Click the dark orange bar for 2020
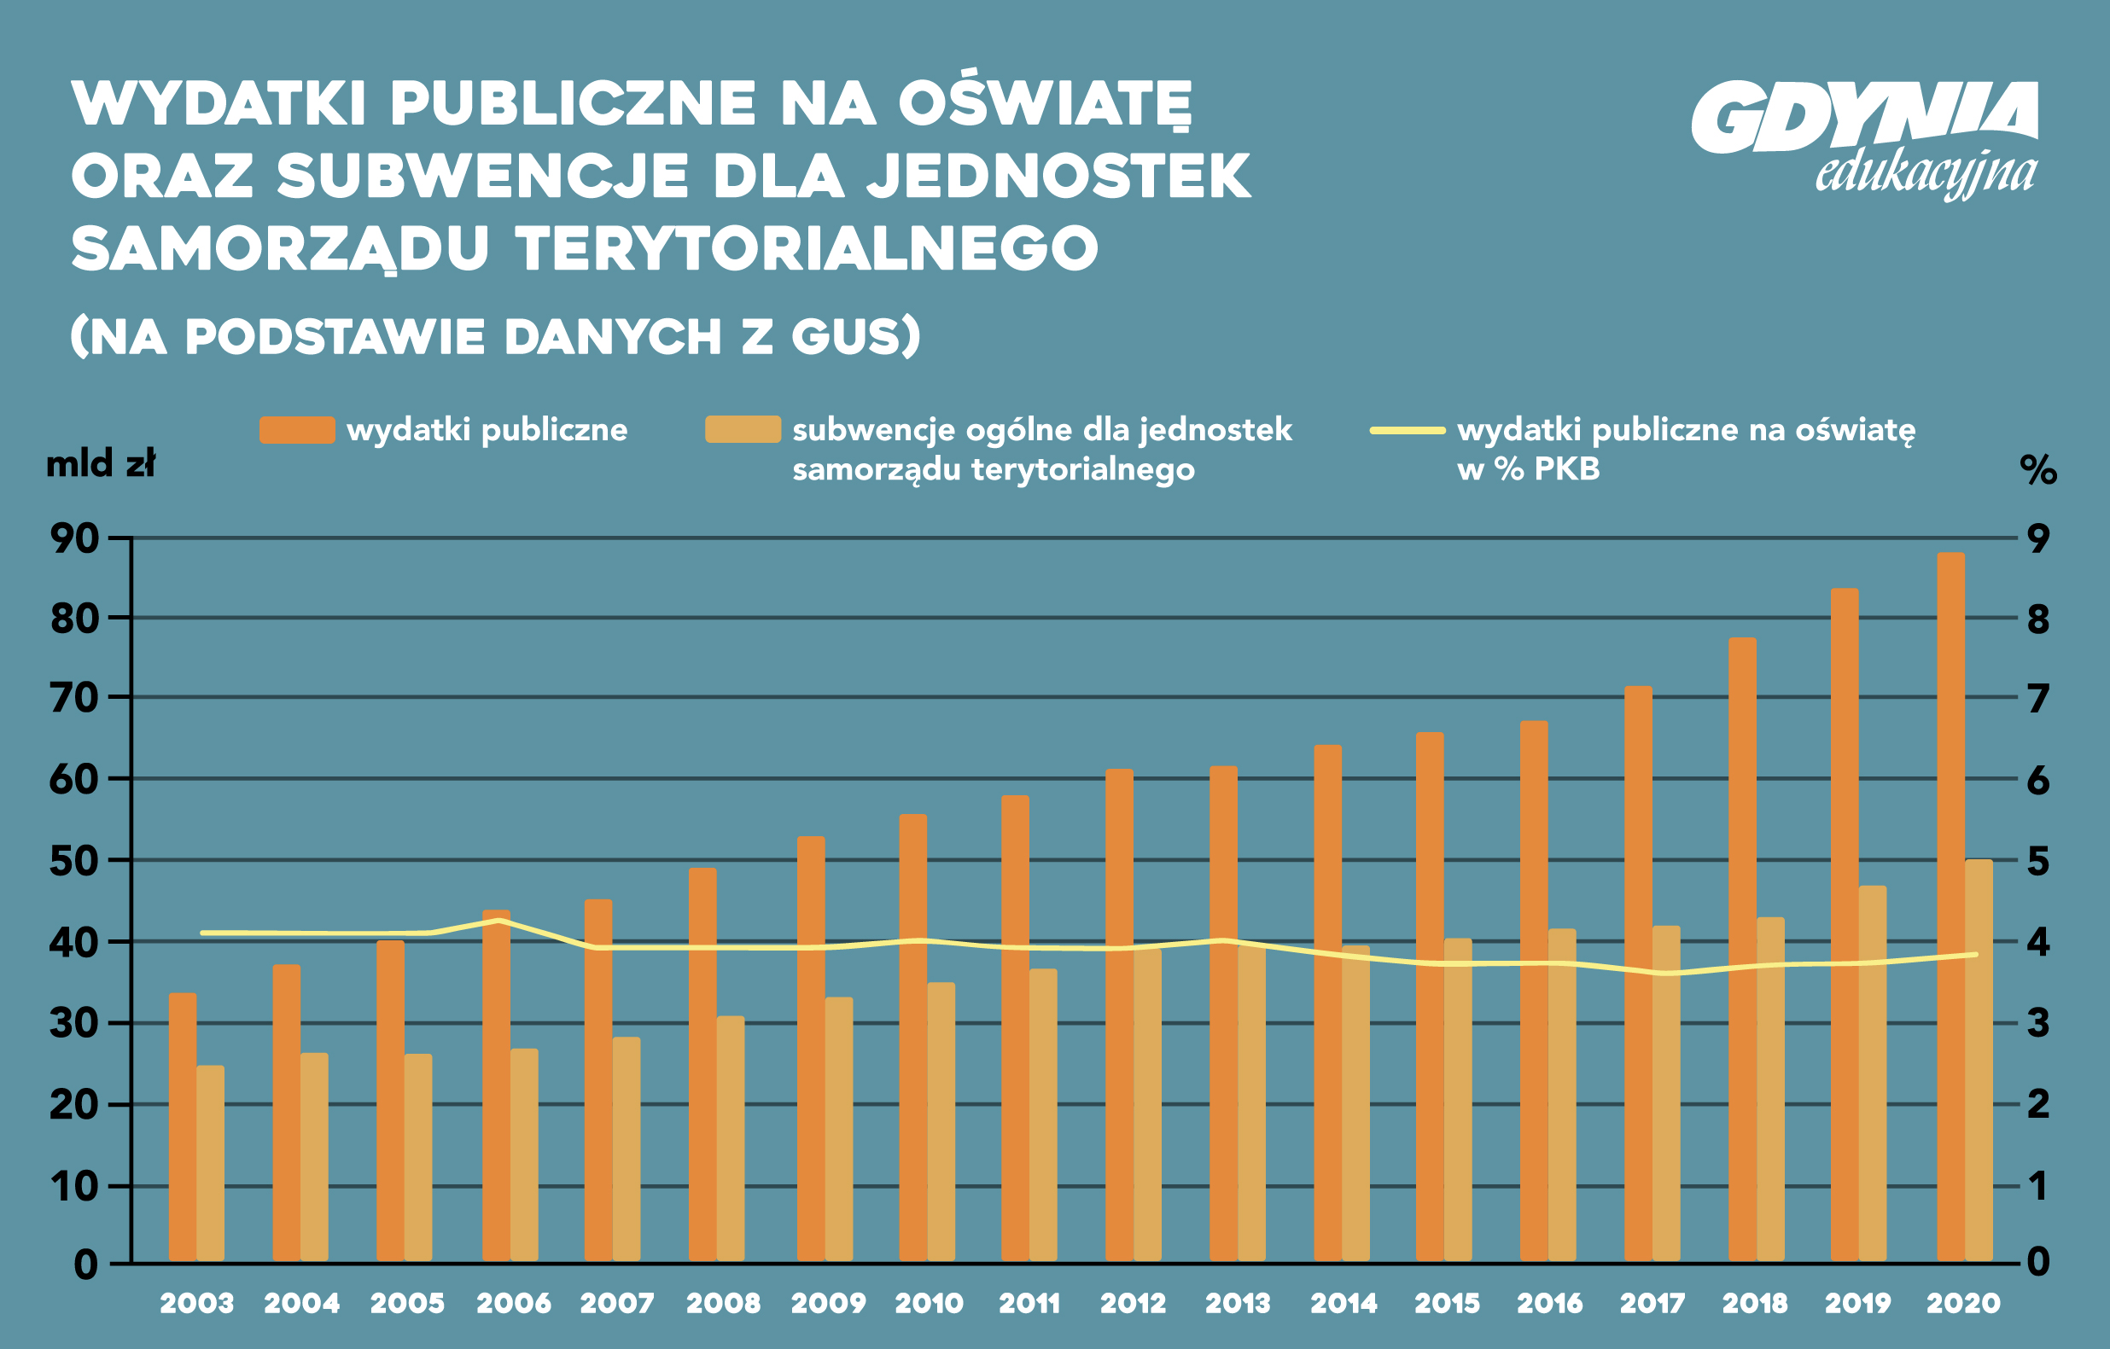(1950, 907)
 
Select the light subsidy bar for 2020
(1979, 1060)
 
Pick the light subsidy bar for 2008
(730, 1139)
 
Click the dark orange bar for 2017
(1638, 973)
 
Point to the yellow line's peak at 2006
(498, 921)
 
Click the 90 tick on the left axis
(74, 538)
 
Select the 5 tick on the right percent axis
(2038, 861)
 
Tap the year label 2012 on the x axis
(1133, 1304)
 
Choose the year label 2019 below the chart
(1857, 1304)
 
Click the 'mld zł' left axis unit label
(101, 464)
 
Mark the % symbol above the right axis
(2038, 470)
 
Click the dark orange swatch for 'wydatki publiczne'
(297, 430)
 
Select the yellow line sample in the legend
(1408, 430)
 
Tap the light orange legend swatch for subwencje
(743, 429)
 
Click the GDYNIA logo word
(1864, 118)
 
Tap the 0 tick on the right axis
(2038, 1262)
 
